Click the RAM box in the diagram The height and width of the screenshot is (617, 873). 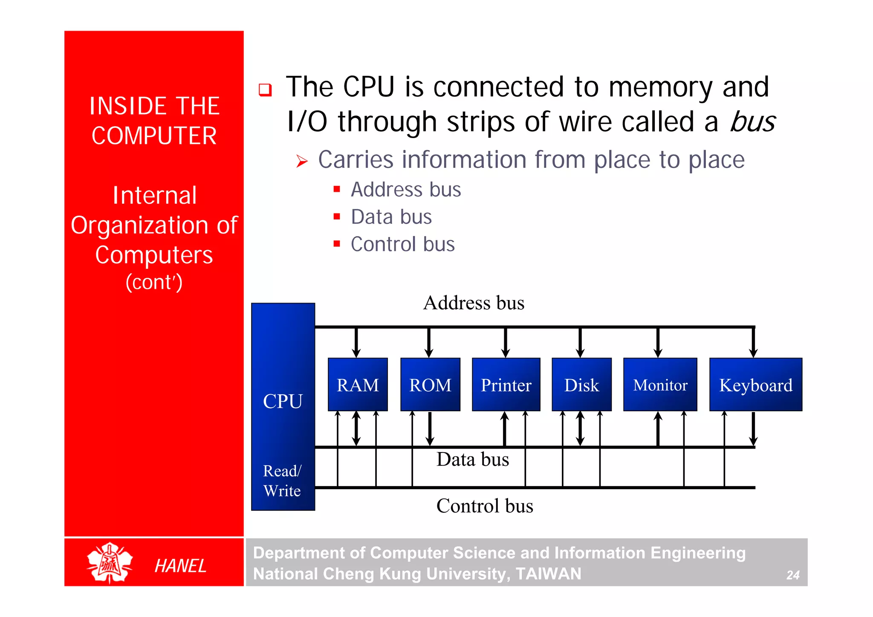coord(358,385)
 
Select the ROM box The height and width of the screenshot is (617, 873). coord(430,385)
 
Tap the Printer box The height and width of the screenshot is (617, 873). coord(506,385)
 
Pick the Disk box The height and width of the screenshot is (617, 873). coord(581,385)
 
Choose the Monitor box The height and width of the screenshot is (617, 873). coord(660,385)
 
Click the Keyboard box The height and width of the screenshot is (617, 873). coord(755,385)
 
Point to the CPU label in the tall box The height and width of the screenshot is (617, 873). coord(283,401)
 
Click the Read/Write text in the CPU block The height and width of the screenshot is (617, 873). coord(282,481)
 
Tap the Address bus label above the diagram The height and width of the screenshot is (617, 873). coord(474,303)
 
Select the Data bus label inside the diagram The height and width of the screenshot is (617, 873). coord(473,459)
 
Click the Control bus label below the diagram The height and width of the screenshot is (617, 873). coord(485,506)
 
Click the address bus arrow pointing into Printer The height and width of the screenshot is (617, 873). coord(506,343)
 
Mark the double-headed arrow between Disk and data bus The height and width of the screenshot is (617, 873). coord(580,429)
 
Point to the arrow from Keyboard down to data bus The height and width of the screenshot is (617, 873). coord(753,429)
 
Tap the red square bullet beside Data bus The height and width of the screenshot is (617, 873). coord(337,216)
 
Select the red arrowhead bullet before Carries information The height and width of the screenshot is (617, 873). coord(302,161)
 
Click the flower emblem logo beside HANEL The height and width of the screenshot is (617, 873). coord(110,562)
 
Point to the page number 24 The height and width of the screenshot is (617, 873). coord(792,575)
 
